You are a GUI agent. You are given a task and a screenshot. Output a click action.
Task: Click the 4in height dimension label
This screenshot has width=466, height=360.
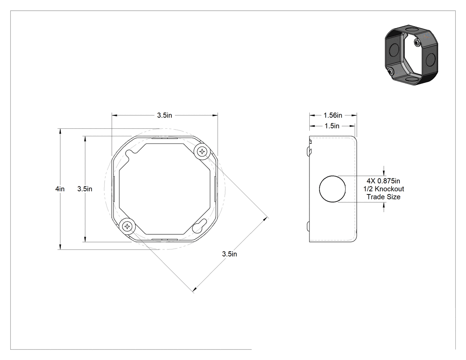coord(60,189)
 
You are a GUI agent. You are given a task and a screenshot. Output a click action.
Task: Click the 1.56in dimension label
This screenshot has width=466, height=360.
coord(333,115)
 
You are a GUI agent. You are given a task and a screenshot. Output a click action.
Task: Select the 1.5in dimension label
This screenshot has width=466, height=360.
coord(332,126)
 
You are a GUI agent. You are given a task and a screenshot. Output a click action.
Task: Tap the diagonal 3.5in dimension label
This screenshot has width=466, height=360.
coord(229,254)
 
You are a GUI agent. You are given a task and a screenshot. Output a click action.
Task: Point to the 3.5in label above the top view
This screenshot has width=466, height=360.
coord(165,115)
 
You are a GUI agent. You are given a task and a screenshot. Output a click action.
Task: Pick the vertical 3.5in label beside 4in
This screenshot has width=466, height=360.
coord(85,189)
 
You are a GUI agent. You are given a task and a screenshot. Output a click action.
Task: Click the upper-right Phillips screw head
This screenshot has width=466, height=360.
coord(202,152)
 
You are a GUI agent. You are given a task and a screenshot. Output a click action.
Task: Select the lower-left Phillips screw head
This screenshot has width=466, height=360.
coord(127,226)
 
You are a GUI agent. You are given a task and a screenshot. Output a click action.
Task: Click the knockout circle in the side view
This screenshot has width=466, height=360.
coord(332,189)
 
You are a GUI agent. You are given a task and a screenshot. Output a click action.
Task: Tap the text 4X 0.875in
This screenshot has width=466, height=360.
coord(383,181)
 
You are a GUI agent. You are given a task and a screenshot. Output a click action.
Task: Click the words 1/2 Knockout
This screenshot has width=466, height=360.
coord(384,189)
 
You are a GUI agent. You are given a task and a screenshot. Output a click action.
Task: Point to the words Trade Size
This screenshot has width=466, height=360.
coord(383,197)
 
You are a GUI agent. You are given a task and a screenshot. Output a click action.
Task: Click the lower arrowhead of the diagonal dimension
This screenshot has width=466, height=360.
coord(195,289)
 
